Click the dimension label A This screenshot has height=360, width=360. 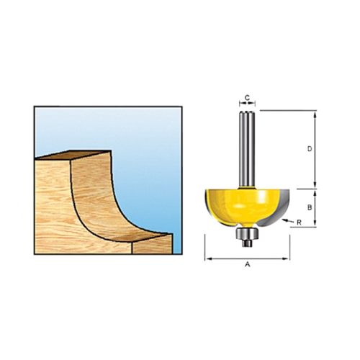(x=248, y=264)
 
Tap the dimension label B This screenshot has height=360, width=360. (x=310, y=207)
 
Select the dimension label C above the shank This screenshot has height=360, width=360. (x=247, y=97)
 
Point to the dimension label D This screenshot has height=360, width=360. (x=310, y=149)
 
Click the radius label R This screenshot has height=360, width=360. (x=299, y=222)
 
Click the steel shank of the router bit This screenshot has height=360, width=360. (x=247, y=148)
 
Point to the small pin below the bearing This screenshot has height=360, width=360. (x=247, y=243)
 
